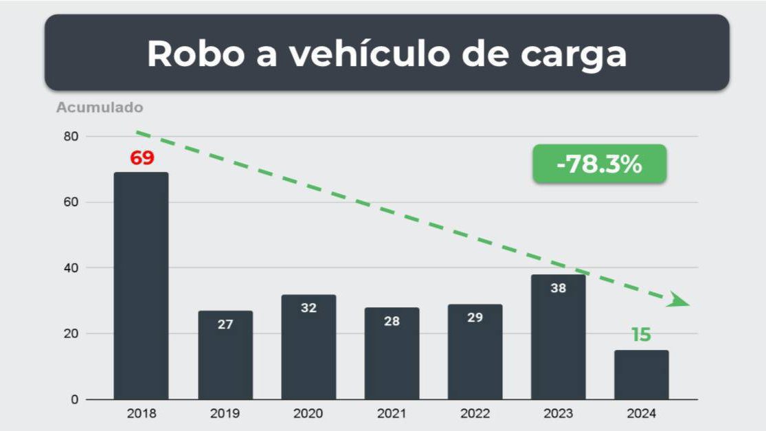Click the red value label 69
[x=142, y=158]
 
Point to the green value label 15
[x=641, y=335]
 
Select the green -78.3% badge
[x=599, y=164]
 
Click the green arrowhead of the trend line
[x=678, y=300]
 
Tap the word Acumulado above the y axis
[x=100, y=108]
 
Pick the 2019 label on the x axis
[x=225, y=414]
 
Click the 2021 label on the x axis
[x=392, y=414]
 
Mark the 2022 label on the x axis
[x=475, y=414]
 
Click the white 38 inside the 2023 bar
[x=558, y=289]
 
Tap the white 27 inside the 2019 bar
[x=225, y=324]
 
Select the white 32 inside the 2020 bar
[x=308, y=308]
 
